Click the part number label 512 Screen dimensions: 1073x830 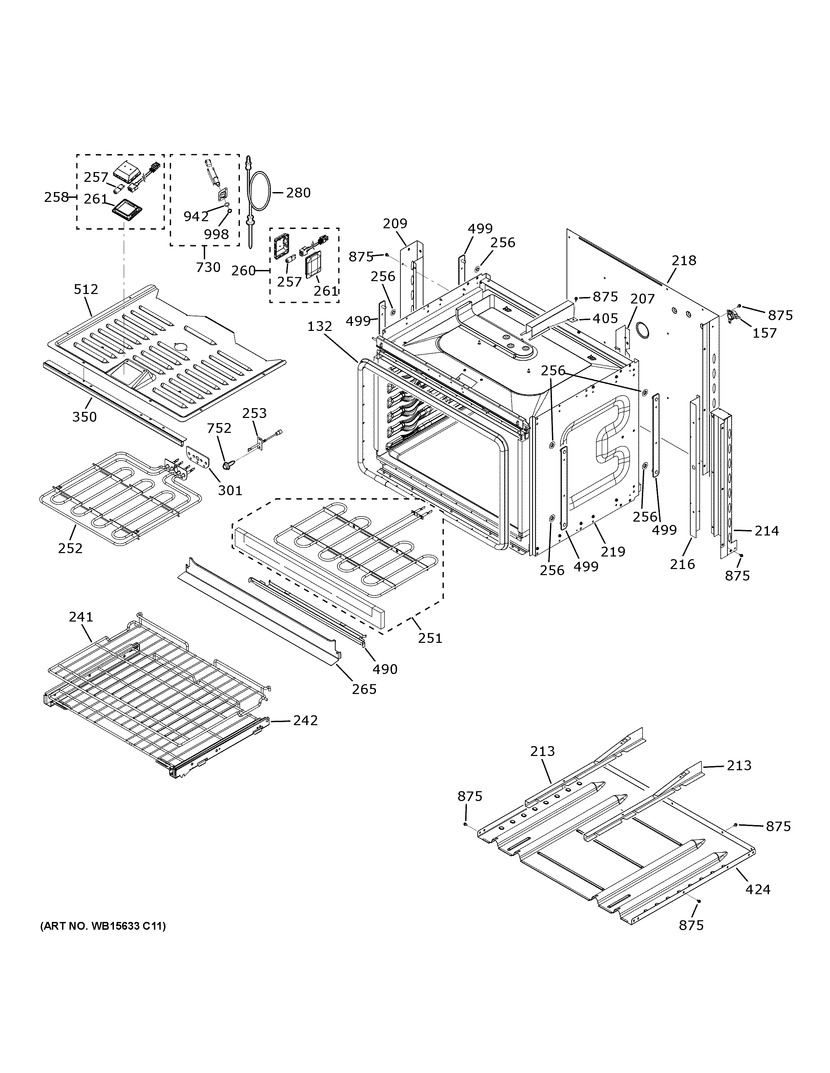pyautogui.click(x=86, y=289)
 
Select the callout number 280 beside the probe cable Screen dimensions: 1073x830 pyautogui.click(x=298, y=193)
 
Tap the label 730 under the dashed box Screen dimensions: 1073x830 pyautogui.click(x=208, y=267)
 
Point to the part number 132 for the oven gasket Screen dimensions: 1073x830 pyautogui.click(x=320, y=326)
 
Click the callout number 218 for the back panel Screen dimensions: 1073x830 pyautogui.click(x=684, y=260)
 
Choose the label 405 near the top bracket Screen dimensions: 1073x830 pyautogui.click(x=605, y=318)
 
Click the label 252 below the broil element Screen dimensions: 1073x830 pyautogui.click(x=70, y=548)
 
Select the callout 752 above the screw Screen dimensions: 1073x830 pyautogui.click(x=219, y=428)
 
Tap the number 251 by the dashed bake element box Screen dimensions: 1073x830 pyautogui.click(x=430, y=638)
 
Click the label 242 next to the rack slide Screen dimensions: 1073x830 pyautogui.click(x=305, y=720)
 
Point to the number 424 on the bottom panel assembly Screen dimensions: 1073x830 pyautogui.click(x=758, y=889)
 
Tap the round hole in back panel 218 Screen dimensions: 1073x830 pyautogui.click(x=642, y=330)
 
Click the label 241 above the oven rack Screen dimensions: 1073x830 pyautogui.click(x=81, y=616)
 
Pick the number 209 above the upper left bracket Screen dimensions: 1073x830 pyautogui.click(x=395, y=224)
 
